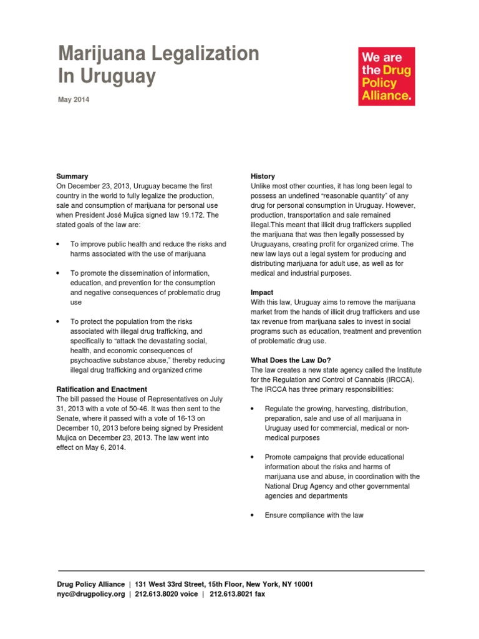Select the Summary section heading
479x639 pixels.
pos(72,177)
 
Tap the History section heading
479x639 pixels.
pos(263,177)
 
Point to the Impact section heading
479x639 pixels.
pos(262,292)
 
